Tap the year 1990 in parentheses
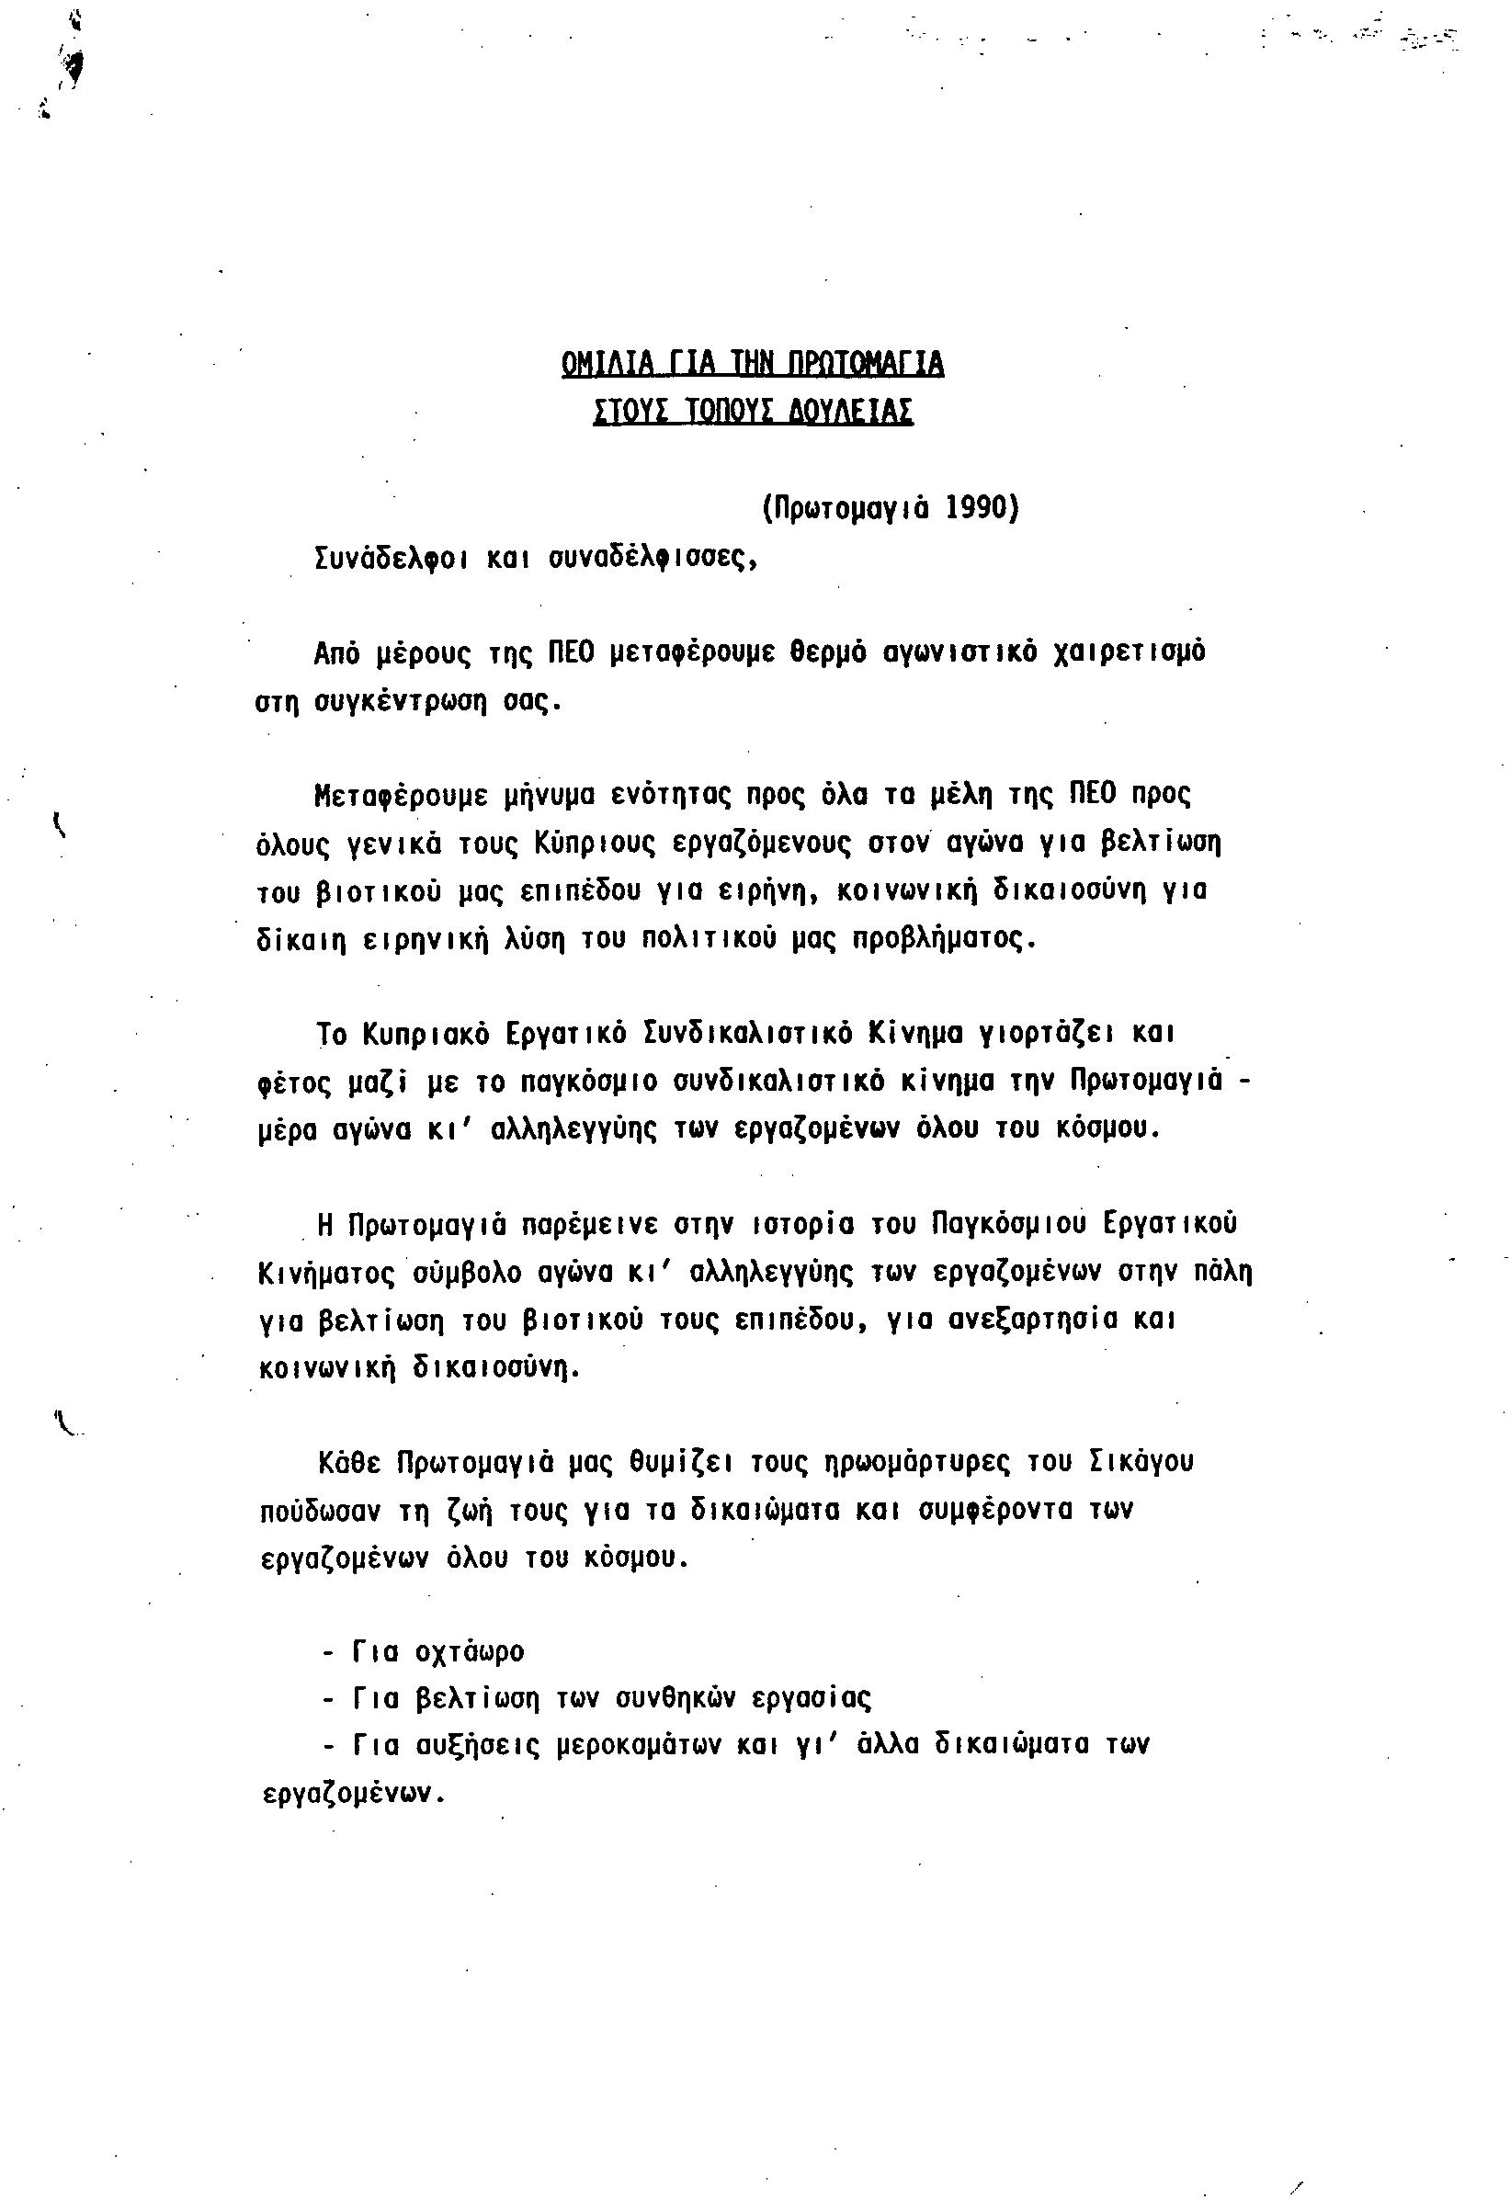pos(975,509)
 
